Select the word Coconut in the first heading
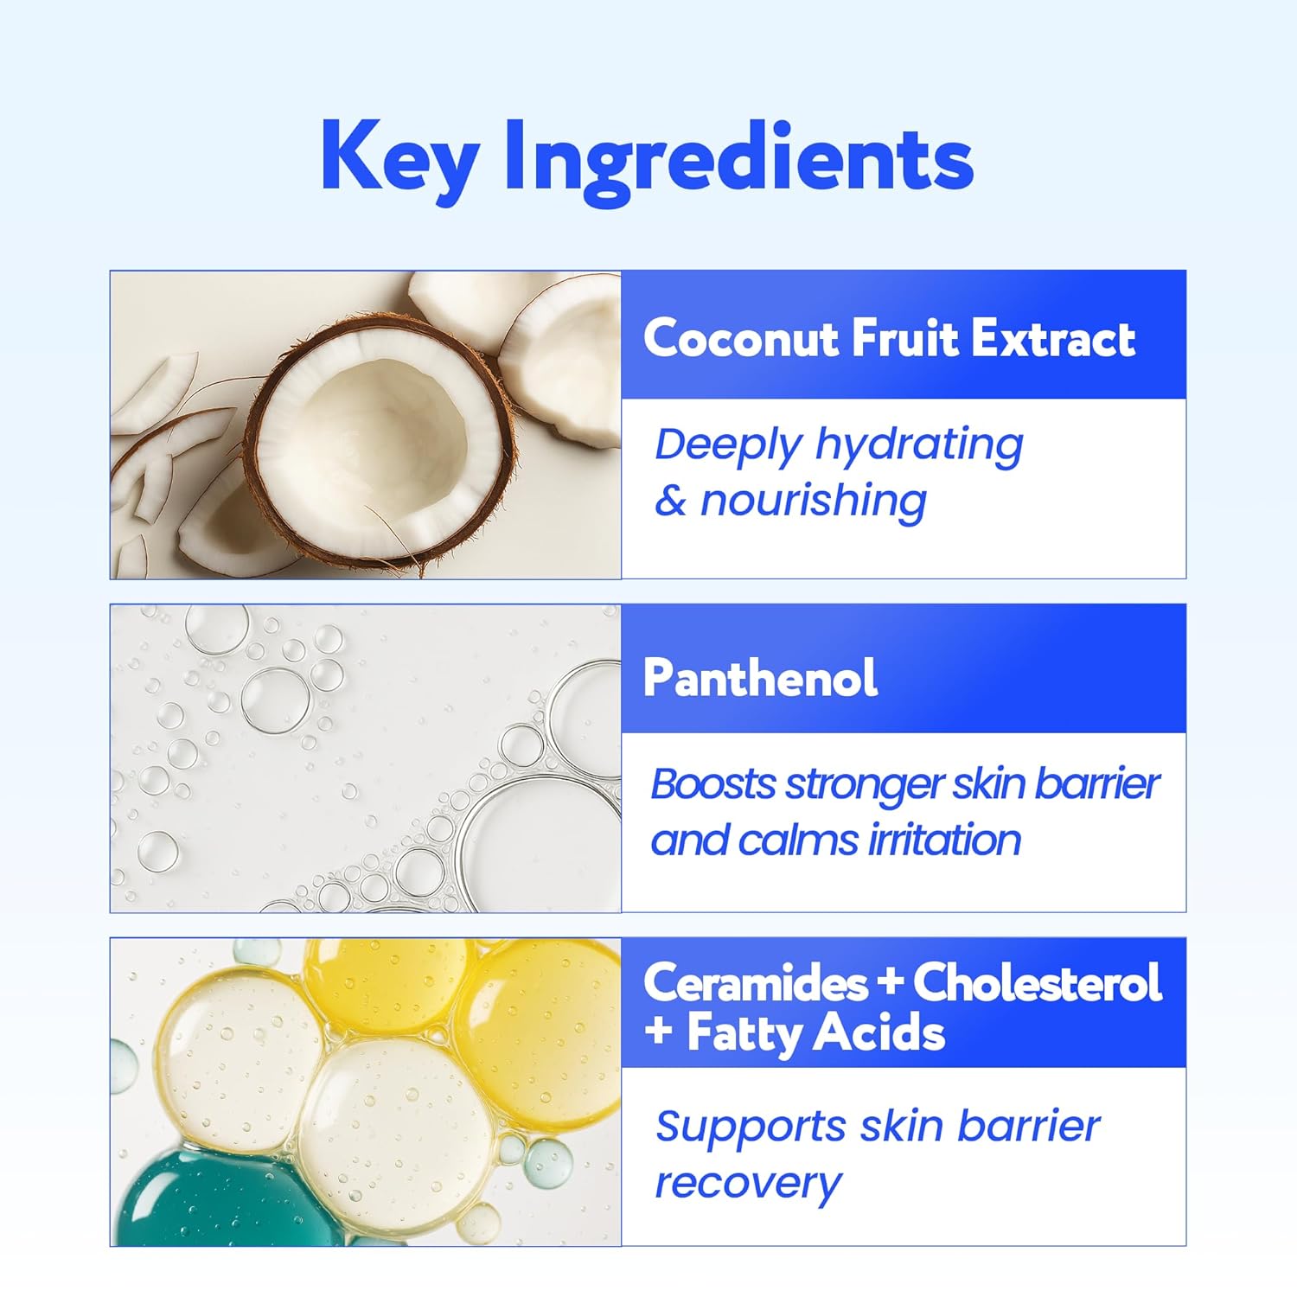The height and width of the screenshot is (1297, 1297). pos(740,338)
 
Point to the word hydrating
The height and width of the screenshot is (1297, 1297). pos(919,446)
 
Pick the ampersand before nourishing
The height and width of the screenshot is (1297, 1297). pos(670,501)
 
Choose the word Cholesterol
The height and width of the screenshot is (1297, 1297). pos(1037,983)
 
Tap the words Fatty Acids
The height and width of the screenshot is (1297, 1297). pos(815,1033)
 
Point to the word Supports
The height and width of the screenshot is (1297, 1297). pos(751,1127)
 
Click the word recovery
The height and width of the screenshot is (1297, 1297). pos(748,1182)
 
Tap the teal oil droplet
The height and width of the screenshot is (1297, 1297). pos(208,1198)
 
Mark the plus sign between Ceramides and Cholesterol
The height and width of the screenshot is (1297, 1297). pos(890,984)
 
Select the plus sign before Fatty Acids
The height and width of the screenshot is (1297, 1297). pos(659,1032)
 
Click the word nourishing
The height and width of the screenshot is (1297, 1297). pos(813,501)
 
